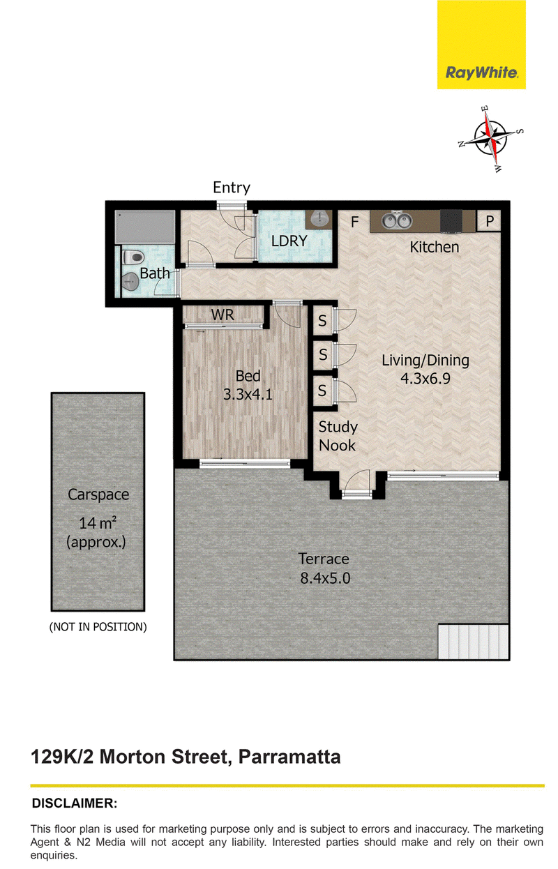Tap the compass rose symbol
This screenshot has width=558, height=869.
click(491, 139)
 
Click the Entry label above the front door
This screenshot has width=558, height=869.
click(232, 188)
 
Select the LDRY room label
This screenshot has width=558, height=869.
click(289, 241)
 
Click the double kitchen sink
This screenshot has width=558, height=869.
click(396, 221)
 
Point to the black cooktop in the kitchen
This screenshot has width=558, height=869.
click(451, 222)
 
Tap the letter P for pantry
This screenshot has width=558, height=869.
click(490, 221)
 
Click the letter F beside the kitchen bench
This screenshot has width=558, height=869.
click(354, 222)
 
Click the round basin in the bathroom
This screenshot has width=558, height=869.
click(130, 281)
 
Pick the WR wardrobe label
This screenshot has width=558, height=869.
click(223, 315)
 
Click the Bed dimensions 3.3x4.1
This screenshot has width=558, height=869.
click(248, 395)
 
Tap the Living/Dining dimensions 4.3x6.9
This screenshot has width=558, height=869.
click(425, 378)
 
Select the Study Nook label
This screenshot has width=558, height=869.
click(337, 436)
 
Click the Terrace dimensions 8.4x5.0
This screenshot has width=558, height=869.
click(325, 578)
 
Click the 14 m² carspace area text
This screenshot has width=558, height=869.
click(97, 523)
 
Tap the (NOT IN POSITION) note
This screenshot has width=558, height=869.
click(98, 627)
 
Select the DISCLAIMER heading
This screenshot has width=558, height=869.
click(75, 803)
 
